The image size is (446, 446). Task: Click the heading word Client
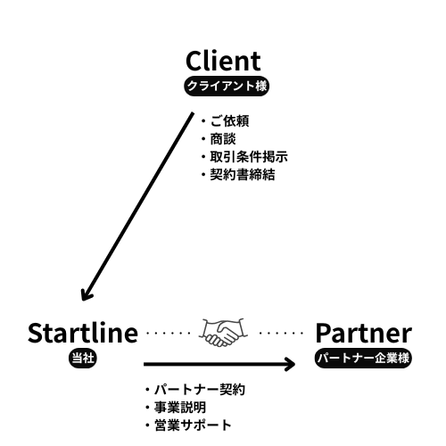(x=223, y=61)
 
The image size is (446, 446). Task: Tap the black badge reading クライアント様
(x=227, y=86)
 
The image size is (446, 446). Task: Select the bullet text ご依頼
(x=229, y=121)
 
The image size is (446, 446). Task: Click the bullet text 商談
(x=223, y=139)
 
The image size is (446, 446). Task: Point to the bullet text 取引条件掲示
(x=249, y=157)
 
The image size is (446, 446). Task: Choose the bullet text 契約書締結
(x=243, y=175)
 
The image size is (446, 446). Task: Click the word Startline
(x=83, y=333)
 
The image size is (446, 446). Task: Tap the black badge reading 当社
(x=83, y=358)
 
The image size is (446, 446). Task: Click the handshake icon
(x=223, y=333)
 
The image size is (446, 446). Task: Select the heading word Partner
(x=364, y=334)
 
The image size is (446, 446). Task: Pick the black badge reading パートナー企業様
(x=363, y=358)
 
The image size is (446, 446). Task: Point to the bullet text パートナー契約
(x=200, y=390)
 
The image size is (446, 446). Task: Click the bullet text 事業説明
(x=180, y=408)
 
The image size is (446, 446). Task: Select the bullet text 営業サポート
(x=193, y=425)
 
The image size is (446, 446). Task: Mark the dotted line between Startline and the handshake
(x=169, y=333)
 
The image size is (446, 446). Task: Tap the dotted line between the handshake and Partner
(x=281, y=333)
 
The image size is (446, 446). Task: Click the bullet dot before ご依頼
(x=203, y=121)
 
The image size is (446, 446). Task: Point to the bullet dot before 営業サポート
(x=147, y=425)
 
